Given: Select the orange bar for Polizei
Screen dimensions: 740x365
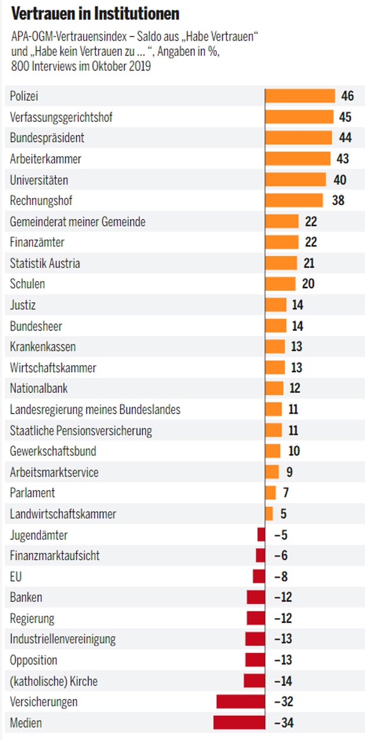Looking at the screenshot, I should (x=300, y=96).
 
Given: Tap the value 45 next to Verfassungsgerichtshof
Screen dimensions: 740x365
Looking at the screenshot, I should (x=345, y=117).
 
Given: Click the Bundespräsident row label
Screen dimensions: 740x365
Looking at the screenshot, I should (x=47, y=138).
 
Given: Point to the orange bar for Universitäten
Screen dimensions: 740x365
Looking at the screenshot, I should (x=296, y=180).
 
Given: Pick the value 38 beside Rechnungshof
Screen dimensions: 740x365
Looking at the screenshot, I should (x=338, y=200).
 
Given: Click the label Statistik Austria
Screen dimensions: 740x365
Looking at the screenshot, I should (x=45, y=263).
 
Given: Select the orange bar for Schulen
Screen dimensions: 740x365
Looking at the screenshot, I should (x=281, y=284).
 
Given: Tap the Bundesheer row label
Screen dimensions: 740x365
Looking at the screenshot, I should (x=36, y=326).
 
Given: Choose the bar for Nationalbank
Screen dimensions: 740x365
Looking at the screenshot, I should (x=274, y=388).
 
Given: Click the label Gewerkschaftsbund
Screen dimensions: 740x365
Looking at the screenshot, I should (x=53, y=451).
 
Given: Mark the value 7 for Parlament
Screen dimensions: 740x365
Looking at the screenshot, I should (x=286, y=493).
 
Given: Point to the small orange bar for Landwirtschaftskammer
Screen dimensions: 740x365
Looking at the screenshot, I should (x=269, y=514).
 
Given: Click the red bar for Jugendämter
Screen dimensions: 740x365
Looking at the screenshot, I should (x=261, y=535).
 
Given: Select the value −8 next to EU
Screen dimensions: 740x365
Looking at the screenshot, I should (x=281, y=577).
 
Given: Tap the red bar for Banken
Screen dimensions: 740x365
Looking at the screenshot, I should (x=256, y=597).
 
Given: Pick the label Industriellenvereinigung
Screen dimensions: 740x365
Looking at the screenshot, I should (x=63, y=639).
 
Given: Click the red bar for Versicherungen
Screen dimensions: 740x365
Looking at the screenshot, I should (x=241, y=702).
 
